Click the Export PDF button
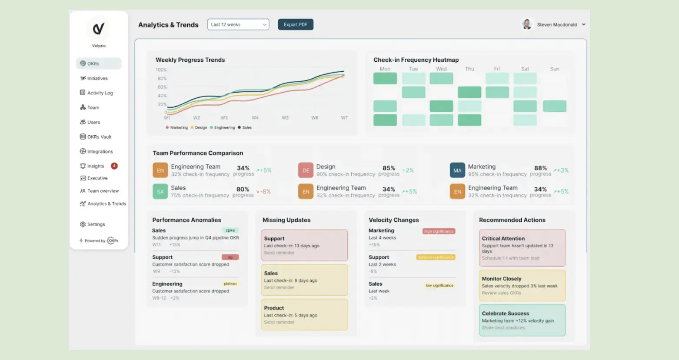(296, 25)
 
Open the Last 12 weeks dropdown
(238, 25)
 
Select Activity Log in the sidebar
(100, 93)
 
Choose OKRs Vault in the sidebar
(99, 137)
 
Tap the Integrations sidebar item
(100, 152)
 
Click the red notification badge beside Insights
(114, 166)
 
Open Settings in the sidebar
(96, 224)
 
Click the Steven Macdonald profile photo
(527, 24)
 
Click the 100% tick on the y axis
(161, 70)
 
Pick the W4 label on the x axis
(255, 118)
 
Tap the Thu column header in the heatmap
(469, 69)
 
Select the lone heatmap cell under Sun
(555, 106)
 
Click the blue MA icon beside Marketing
(457, 170)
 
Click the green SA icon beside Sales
(160, 191)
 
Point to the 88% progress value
(540, 168)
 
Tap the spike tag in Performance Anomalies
(230, 230)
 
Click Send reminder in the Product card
(279, 322)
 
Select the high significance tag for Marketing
(439, 231)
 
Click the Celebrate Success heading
(505, 313)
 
